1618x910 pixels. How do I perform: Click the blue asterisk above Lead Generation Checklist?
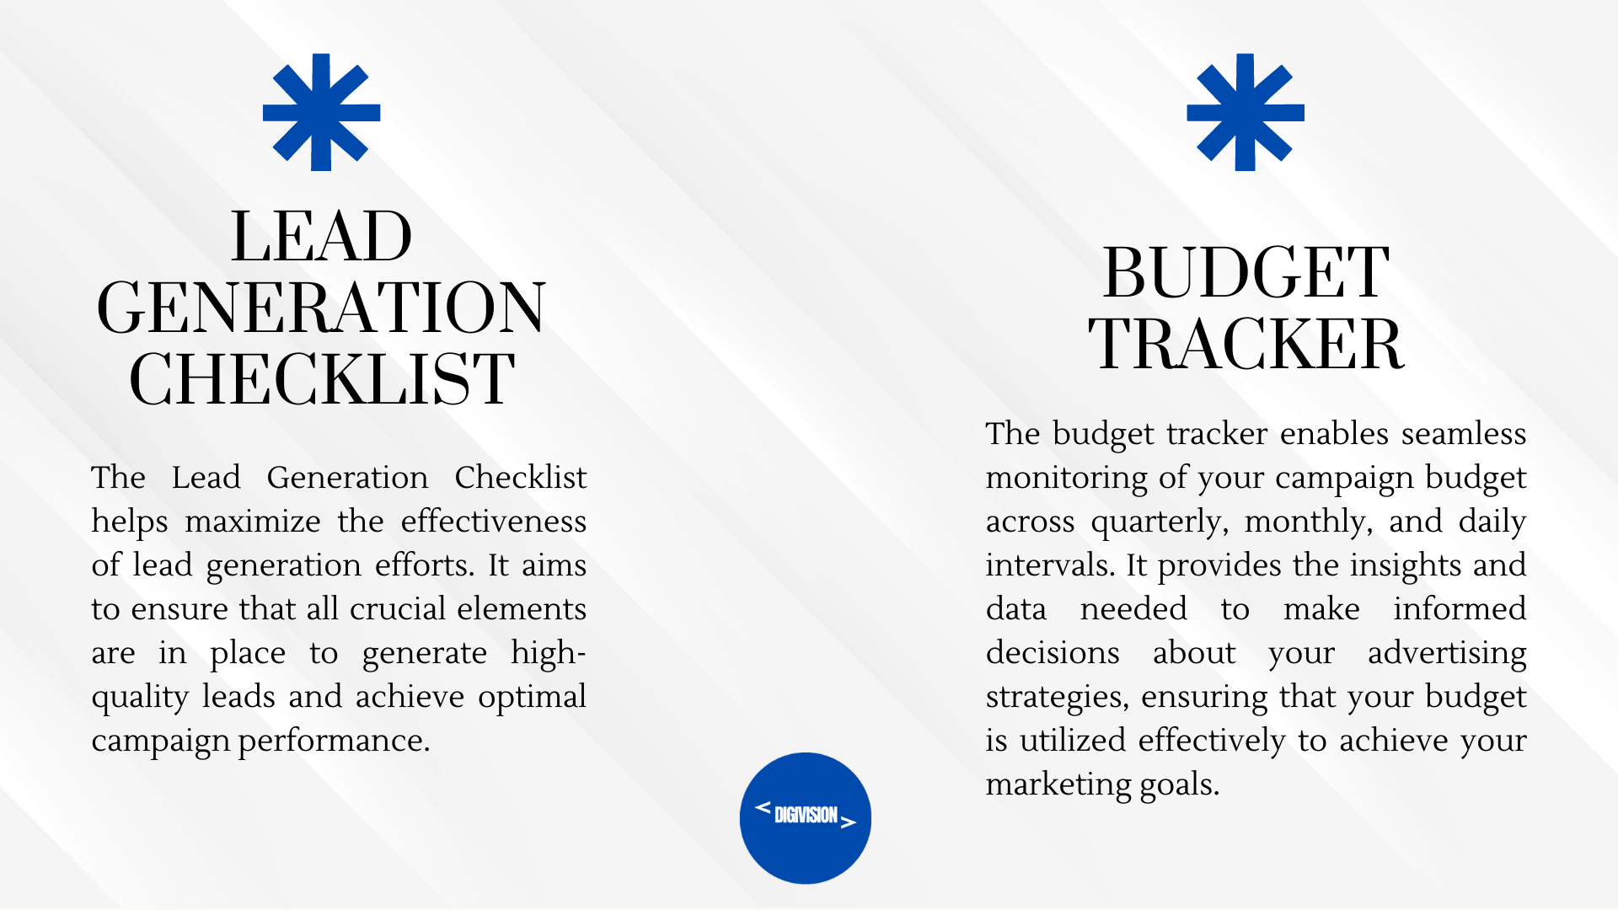pos(321,112)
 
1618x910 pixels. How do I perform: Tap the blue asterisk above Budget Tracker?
pos(1246,112)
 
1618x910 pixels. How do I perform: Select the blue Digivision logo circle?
pos(806,818)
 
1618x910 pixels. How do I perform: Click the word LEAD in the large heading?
pos(321,237)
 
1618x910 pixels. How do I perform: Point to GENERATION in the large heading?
pos(321,308)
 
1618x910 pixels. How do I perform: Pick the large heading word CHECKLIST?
pos(321,379)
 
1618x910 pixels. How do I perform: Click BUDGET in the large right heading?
pos(1246,273)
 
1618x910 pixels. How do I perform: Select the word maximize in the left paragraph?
pos(253,522)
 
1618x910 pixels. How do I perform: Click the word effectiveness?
pos(494,522)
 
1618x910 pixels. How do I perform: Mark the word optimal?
pos(532,698)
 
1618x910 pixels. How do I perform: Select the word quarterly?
pos(1155,522)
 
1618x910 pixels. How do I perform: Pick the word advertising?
pos(1447,654)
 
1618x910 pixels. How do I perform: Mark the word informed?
pos(1460,609)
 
